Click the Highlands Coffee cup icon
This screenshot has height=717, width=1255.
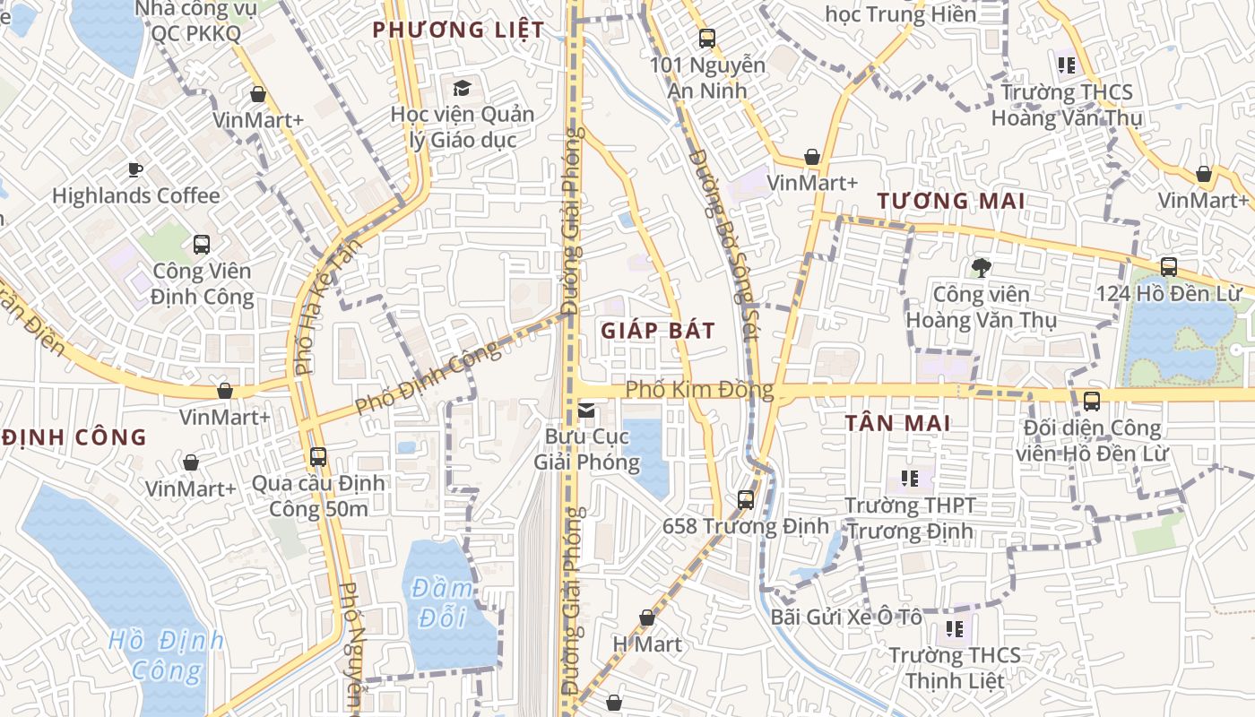(134, 168)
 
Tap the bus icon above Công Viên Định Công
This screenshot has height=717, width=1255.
(201, 244)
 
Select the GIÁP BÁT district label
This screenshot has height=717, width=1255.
(658, 331)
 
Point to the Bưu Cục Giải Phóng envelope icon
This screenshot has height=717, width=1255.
(586, 410)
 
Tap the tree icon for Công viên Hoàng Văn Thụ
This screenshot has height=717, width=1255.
(982, 267)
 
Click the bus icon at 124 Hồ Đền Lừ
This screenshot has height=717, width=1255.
(1168, 266)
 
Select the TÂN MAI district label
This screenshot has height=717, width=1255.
(897, 423)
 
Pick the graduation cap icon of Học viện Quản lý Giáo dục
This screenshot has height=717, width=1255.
(462, 88)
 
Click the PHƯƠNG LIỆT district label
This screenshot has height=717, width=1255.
(458, 30)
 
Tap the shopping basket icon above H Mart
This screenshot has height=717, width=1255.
(647, 618)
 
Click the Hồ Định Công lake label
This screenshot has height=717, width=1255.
(168, 655)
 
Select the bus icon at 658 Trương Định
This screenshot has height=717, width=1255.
(745, 499)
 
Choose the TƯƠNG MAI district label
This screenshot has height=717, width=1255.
(951, 201)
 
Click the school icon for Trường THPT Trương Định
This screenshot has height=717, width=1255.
(910, 479)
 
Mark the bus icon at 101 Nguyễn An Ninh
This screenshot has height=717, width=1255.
(707, 39)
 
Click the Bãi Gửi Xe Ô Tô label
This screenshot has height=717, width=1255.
(846, 618)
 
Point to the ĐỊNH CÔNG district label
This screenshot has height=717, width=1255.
(74, 437)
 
